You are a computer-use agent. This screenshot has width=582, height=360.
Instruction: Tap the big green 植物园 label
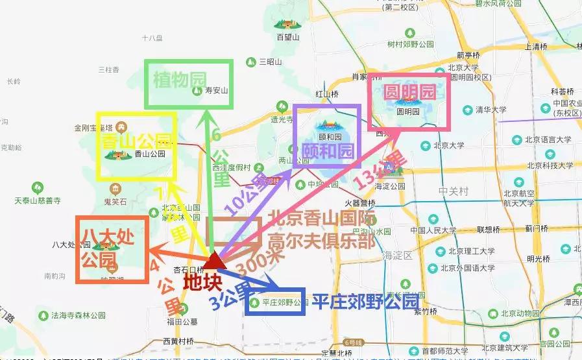pyautogui.click(x=179, y=80)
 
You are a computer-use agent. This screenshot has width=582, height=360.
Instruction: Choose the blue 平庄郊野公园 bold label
pyautogui.click(x=365, y=302)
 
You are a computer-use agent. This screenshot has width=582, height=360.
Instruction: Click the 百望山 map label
pyautogui.click(x=287, y=38)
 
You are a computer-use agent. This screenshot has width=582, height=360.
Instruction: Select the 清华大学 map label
pyautogui.click(x=491, y=110)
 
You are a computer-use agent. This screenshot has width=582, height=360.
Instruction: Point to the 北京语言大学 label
pyautogui.click(x=547, y=139)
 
